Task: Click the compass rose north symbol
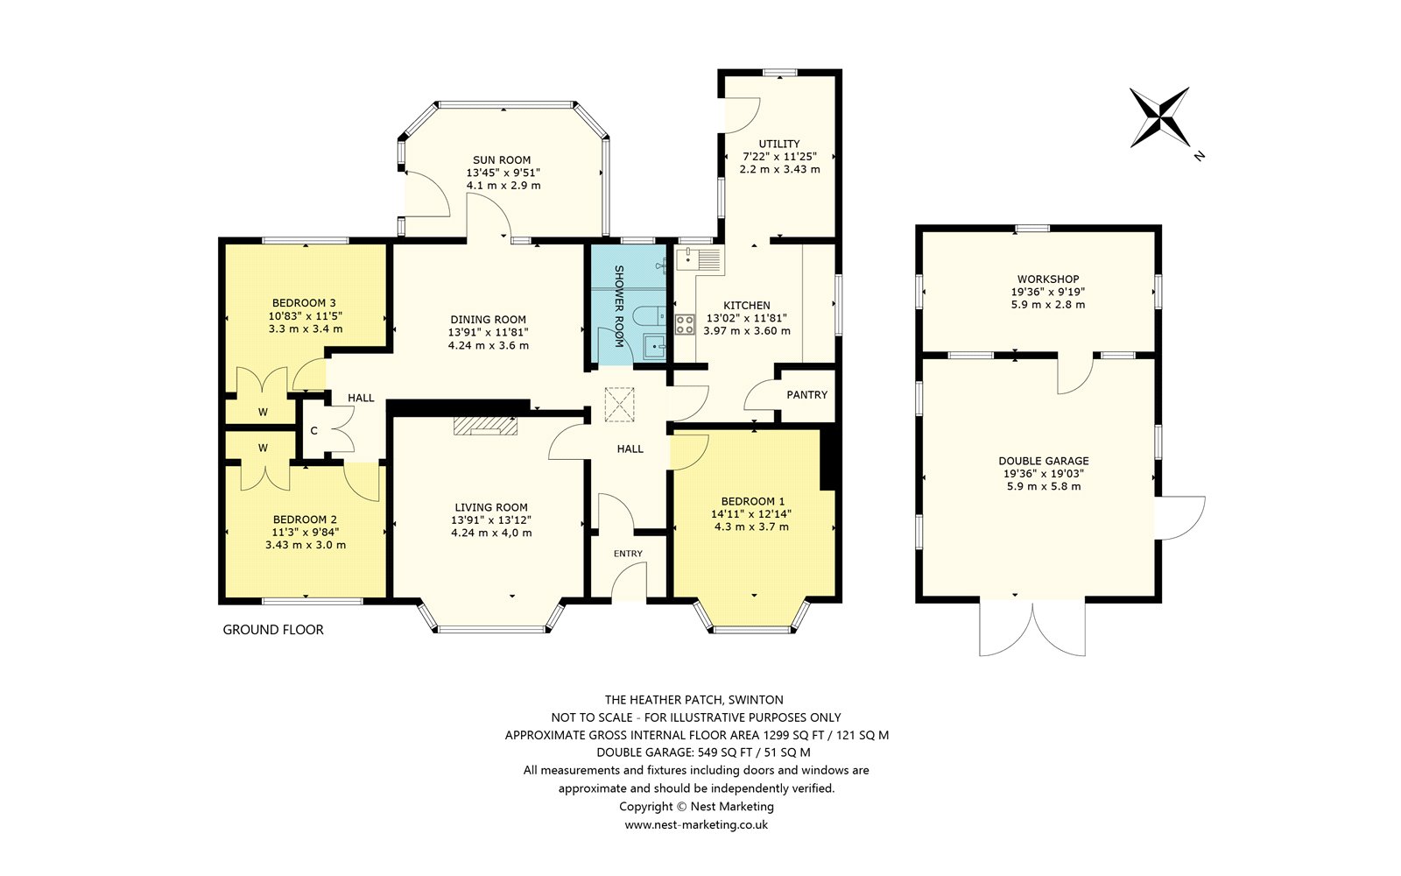[1159, 117]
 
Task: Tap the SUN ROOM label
[502, 160]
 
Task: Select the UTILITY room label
[779, 144]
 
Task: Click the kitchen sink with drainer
[700, 258]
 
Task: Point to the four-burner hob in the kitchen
[685, 324]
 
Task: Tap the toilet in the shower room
[649, 316]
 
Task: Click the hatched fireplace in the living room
[485, 426]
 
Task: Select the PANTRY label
[806, 395]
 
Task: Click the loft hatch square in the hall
[619, 404]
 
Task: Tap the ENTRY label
[628, 554]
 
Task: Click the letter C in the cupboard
[314, 431]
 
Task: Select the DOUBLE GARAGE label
[1044, 461]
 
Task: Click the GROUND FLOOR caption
[273, 630]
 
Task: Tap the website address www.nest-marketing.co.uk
[696, 824]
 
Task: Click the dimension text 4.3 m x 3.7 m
[751, 526]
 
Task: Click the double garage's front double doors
[1032, 629]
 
